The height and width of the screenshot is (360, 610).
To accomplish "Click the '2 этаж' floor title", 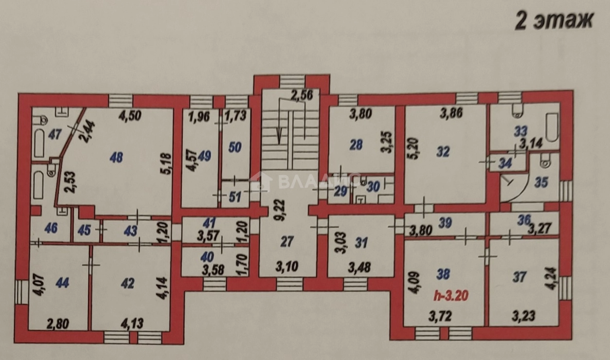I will coord(555,21).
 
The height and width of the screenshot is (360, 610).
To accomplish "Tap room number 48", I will coord(116,157).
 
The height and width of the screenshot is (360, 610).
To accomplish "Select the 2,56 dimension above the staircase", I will coord(301,96).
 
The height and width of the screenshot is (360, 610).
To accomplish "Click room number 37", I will coord(520,277).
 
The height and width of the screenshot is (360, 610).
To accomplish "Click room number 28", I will coord(357,144).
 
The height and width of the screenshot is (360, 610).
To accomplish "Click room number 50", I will coord(235,146).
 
